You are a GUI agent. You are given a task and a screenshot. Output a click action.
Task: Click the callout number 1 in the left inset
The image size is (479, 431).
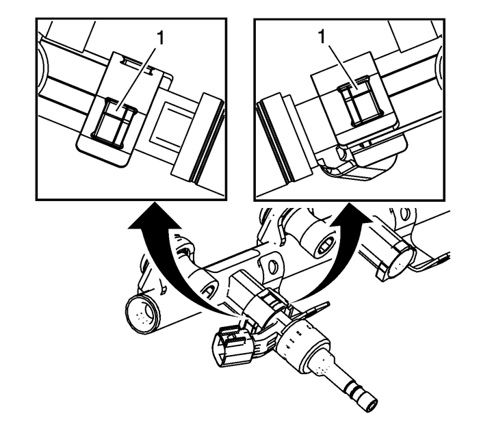pos(159,38)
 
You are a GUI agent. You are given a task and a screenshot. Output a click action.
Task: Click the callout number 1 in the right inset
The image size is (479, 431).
pos(322,37)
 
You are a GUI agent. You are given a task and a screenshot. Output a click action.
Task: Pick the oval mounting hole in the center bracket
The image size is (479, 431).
pos(274,267)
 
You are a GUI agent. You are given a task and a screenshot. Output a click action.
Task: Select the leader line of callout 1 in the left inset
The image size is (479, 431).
pos(138,77)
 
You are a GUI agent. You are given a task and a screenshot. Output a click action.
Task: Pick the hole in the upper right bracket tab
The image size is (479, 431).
pos(404,214)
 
